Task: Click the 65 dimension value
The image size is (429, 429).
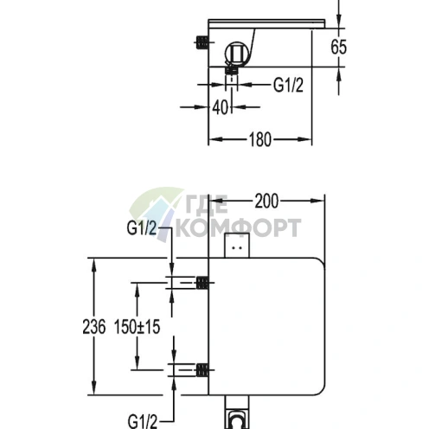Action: click(x=338, y=47)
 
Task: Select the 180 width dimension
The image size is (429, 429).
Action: click(x=260, y=139)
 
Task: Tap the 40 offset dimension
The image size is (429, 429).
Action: click(x=221, y=107)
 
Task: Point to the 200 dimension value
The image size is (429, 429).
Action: click(x=266, y=201)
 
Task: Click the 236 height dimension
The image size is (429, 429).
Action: click(x=94, y=327)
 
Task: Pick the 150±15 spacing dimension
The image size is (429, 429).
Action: click(x=137, y=327)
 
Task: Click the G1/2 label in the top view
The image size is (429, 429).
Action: click(x=288, y=85)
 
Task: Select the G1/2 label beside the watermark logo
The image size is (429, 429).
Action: click(x=142, y=228)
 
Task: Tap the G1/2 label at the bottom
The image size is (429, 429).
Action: click(x=143, y=422)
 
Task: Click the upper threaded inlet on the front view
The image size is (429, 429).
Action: click(x=202, y=283)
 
